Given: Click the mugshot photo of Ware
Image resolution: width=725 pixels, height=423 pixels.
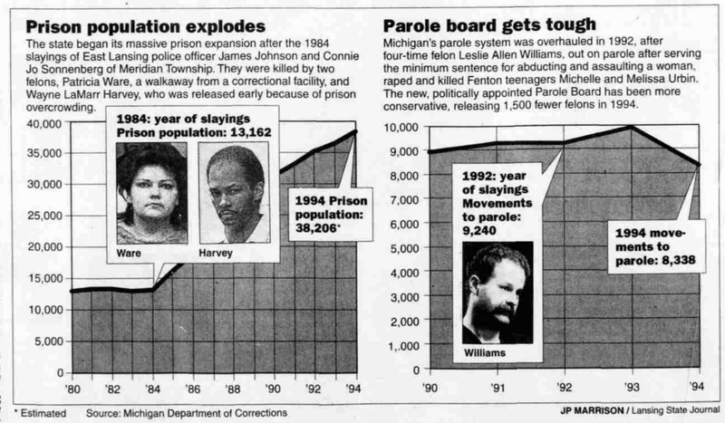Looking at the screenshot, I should pyautogui.click(x=149, y=192).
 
